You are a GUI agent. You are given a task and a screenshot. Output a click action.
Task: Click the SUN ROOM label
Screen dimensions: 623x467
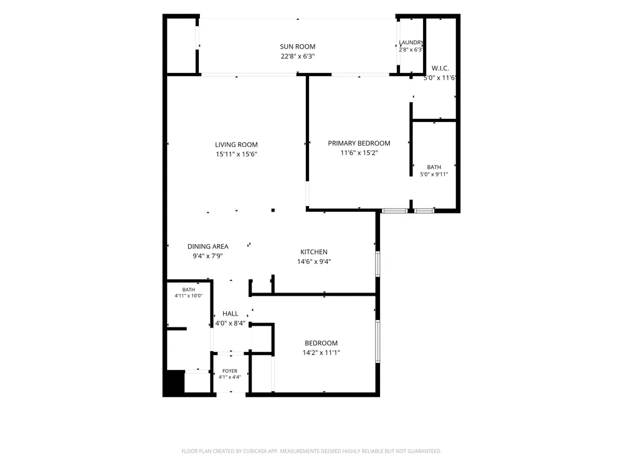click(298, 47)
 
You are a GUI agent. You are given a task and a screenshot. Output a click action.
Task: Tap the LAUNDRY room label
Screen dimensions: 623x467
click(411, 42)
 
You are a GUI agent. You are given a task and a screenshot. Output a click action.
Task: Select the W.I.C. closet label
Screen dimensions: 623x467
click(440, 68)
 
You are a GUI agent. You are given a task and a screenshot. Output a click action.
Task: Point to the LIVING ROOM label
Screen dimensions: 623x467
click(236, 144)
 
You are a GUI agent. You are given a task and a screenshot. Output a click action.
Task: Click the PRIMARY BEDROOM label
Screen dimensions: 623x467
click(359, 143)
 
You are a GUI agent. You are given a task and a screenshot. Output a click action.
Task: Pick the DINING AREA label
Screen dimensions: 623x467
click(208, 246)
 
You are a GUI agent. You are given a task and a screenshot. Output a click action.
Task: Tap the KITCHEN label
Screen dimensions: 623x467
click(314, 252)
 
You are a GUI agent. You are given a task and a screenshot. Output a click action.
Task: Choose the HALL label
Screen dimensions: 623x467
click(231, 313)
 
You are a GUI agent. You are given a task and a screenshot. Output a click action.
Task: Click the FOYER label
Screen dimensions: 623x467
click(230, 371)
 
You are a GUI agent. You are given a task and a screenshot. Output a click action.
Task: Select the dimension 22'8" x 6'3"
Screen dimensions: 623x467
click(298, 57)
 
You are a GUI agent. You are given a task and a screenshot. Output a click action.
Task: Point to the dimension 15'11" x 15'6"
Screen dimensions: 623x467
click(236, 154)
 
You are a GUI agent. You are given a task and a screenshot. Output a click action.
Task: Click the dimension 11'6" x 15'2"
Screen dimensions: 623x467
click(359, 153)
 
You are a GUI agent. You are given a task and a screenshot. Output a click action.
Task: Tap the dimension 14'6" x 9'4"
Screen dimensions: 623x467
click(314, 262)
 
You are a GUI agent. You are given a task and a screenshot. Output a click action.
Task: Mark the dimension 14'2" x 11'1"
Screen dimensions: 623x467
click(321, 352)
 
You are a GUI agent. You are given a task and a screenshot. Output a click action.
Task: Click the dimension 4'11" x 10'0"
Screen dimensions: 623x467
click(189, 295)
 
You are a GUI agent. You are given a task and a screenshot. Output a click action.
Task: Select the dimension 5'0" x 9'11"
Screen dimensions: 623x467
click(434, 174)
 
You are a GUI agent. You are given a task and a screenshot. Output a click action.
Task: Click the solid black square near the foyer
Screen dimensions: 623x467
click(174, 383)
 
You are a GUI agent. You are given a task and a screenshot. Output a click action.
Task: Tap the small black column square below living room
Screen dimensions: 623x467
click(273, 210)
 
